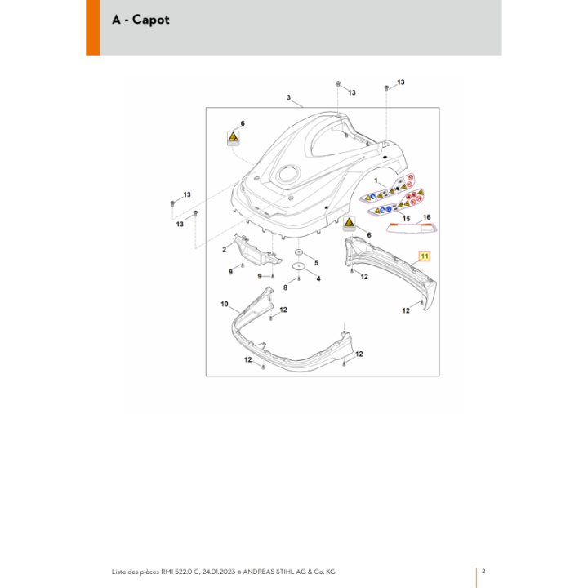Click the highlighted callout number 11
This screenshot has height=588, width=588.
(x=424, y=256)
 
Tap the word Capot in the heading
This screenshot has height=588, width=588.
(x=151, y=20)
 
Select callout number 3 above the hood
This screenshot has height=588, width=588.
(x=288, y=97)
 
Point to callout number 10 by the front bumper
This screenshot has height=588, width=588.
(x=225, y=304)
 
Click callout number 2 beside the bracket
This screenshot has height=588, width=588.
(x=225, y=250)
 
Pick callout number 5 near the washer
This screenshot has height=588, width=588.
(x=317, y=263)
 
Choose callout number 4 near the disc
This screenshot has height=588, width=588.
(x=318, y=278)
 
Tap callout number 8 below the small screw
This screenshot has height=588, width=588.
(x=285, y=287)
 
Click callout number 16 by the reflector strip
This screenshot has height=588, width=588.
(x=427, y=217)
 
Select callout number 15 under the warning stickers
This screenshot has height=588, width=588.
(x=406, y=219)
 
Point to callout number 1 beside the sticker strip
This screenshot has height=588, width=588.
(x=376, y=180)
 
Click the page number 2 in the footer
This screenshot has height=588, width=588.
(x=483, y=571)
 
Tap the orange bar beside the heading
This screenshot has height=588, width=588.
(x=92, y=28)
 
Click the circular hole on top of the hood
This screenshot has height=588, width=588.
(x=288, y=174)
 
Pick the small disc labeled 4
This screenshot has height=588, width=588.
(x=299, y=266)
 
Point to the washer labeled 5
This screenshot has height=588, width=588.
(x=299, y=252)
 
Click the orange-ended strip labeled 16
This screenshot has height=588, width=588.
(x=412, y=228)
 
